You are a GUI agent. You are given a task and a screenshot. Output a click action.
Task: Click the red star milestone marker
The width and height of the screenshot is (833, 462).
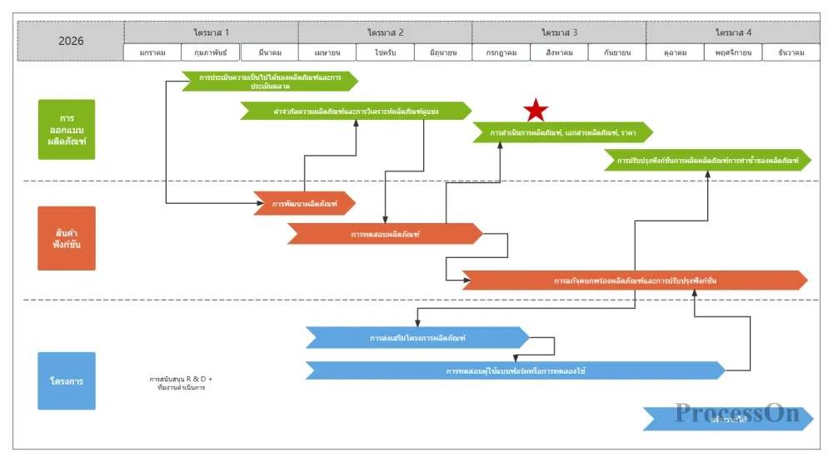[x=536, y=109]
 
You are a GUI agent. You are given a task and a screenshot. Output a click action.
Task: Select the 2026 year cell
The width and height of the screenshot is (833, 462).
[x=71, y=41]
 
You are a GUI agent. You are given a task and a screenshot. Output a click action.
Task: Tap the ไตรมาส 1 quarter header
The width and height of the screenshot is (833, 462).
[x=211, y=32]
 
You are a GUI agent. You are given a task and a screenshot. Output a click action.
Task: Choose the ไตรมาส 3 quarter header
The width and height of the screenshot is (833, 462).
[x=559, y=32]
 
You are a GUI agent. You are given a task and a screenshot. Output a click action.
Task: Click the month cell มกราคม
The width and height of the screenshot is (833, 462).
[x=152, y=52]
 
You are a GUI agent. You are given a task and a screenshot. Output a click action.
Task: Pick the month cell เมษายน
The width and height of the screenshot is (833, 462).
[x=327, y=52]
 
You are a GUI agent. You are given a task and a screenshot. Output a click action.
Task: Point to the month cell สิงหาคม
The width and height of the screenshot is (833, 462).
[x=559, y=52]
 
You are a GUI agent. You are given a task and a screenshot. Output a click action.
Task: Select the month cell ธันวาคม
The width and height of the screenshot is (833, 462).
[x=791, y=52]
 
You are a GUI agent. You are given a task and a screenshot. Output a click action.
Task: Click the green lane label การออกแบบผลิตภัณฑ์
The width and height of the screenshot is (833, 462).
[x=67, y=130]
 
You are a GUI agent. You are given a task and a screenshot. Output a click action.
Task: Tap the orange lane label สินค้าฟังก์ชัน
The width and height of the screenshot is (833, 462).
[x=67, y=238]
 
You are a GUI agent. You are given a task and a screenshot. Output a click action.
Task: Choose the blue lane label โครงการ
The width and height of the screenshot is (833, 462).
[x=67, y=381]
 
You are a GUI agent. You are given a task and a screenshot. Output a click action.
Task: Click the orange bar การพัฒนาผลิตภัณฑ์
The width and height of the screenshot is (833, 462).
[x=305, y=203]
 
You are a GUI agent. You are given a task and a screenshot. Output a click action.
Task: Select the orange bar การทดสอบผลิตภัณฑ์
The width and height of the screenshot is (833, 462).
[x=385, y=234]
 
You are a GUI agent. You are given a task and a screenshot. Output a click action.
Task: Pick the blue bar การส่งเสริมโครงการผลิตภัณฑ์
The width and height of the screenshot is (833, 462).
[x=417, y=338]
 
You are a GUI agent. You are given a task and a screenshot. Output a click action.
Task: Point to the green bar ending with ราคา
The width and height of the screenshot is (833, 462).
[x=562, y=132]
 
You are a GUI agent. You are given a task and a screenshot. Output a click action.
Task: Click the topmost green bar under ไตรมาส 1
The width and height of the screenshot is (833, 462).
[x=269, y=81]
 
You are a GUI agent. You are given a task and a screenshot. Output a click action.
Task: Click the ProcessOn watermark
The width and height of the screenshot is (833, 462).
[x=737, y=413]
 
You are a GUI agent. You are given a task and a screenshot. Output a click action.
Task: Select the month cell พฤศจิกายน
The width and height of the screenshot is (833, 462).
[x=733, y=52]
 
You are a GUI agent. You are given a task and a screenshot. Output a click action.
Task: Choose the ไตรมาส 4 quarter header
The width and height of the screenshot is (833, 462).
[x=733, y=32]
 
